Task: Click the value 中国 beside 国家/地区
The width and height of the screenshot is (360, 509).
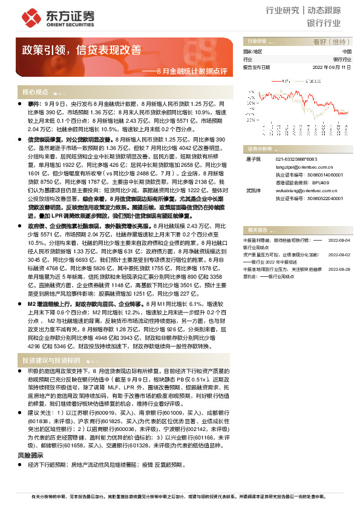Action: point(347,52)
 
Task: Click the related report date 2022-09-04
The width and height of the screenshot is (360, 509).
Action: point(339,239)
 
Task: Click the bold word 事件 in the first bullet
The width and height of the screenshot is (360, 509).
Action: point(34,104)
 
